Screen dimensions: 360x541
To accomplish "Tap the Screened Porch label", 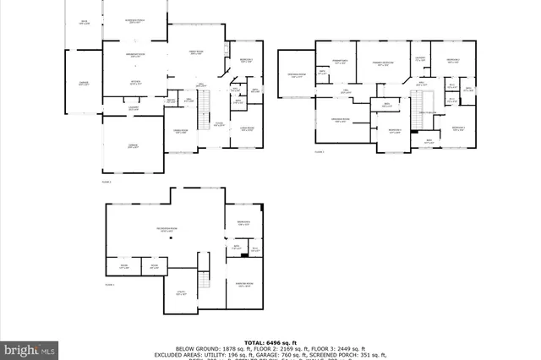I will [134, 22].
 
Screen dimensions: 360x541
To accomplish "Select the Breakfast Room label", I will [133, 56].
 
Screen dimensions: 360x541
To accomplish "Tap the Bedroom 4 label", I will [453, 60].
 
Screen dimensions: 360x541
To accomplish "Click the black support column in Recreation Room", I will [173, 239].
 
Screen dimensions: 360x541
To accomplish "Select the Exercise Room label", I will [246, 285].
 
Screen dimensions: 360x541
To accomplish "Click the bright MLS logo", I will [30, 347].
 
